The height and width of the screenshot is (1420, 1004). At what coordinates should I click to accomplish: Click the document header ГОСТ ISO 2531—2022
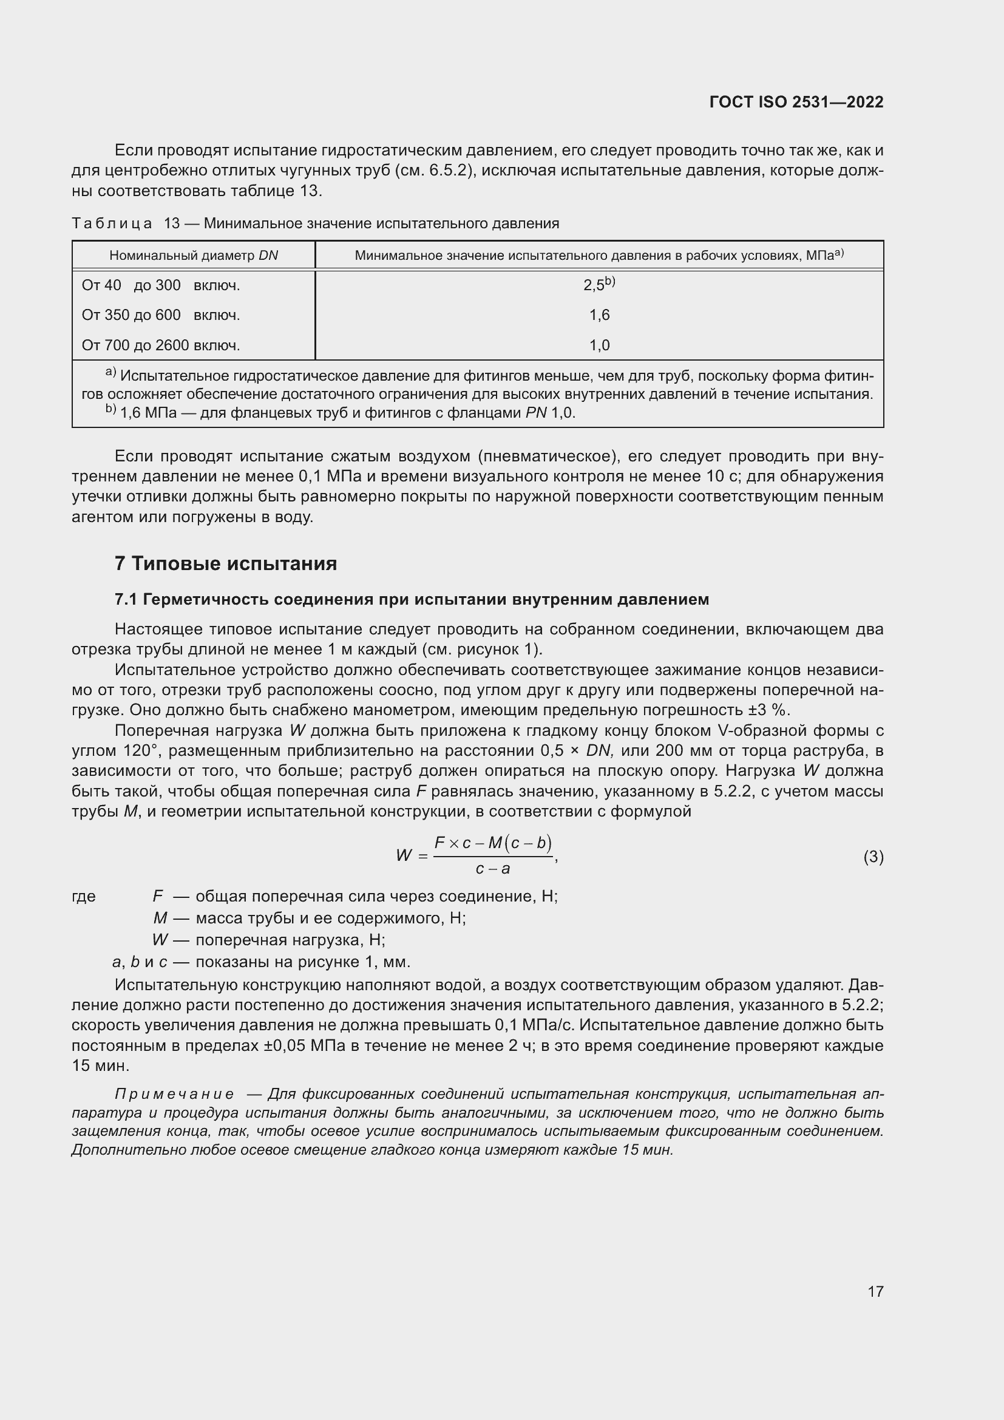point(796,102)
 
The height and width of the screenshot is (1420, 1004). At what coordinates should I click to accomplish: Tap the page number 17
point(875,1291)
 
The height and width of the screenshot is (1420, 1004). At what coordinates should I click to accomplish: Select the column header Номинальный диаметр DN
point(194,256)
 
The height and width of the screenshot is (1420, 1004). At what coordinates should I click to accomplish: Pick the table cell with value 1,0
point(599,345)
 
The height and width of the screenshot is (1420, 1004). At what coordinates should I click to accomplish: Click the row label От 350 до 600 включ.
point(161,316)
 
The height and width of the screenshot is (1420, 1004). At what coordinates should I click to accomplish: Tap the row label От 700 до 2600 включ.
point(161,345)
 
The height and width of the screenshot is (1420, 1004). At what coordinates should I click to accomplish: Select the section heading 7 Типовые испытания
point(226,563)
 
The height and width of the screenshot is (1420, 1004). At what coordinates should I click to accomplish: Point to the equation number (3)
point(873,857)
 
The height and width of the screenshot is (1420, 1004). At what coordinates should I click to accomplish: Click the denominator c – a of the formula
point(492,869)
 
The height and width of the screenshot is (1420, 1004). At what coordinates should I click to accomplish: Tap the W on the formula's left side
point(404,856)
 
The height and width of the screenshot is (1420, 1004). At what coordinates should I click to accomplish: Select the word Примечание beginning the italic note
point(174,1094)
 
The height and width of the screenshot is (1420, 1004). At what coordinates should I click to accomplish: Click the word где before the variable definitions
point(83,896)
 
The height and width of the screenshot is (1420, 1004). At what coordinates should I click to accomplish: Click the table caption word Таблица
point(112,223)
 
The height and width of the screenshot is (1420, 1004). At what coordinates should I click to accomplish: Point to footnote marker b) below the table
point(110,409)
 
